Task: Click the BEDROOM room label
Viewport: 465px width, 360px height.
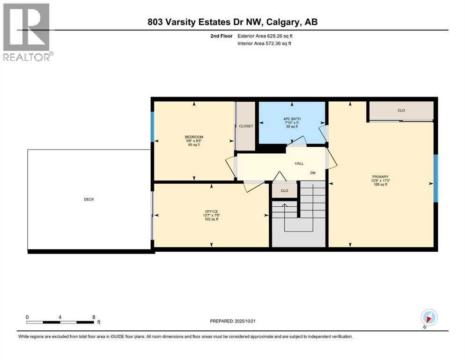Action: [193, 137]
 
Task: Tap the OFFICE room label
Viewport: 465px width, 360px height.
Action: [212, 211]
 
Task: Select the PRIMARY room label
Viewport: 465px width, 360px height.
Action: [380, 177]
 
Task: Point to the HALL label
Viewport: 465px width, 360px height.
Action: [299, 164]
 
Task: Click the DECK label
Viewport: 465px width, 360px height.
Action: [89, 199]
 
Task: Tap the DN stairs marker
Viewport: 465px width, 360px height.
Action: [313, 173]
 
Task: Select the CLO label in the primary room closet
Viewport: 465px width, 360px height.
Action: [401, 111]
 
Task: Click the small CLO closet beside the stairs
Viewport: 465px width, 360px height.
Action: [284, 191]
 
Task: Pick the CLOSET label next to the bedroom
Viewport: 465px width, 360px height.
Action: [245, 126]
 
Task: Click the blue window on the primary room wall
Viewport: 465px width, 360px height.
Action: [435, 178]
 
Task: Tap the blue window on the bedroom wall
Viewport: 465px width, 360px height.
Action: [152, 127]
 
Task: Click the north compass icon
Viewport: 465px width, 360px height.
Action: [429, 317]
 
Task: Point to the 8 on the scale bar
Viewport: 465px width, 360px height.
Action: [94, 317]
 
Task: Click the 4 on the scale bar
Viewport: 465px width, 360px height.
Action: [60, 317]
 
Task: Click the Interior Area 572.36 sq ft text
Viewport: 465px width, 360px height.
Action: [265, 44]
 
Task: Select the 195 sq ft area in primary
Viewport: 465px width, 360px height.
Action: [380, 185]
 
